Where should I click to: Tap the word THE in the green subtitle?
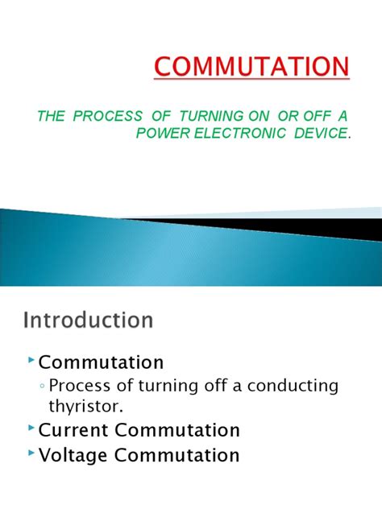tap(51, 116)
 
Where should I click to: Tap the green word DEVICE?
tap(321, 133)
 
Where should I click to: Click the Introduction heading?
tap(86, 321)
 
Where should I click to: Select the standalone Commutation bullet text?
tap(101, 362)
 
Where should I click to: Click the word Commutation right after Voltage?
tap(177, 455)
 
